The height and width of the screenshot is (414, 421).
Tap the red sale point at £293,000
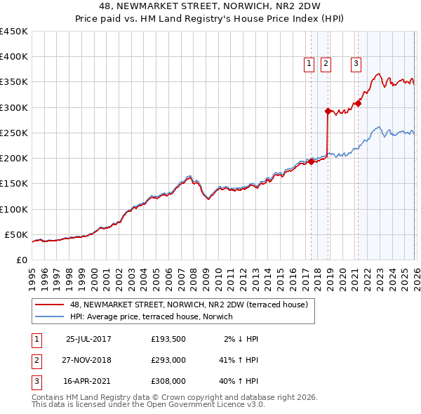click(328, 111)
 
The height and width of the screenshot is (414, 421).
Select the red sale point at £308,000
click(357, 103)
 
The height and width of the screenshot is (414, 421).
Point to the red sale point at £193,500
click(311, 161)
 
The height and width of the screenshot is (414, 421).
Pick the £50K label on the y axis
click(16, 234)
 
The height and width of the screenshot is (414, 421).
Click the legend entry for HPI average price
click(154, 316)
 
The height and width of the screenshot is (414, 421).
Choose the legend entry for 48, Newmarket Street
click(189, 305)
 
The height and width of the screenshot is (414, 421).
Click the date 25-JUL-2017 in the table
click(88, 339)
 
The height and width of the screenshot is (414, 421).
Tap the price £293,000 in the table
click(168, 360)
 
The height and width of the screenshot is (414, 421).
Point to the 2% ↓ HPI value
click(241, 339)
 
